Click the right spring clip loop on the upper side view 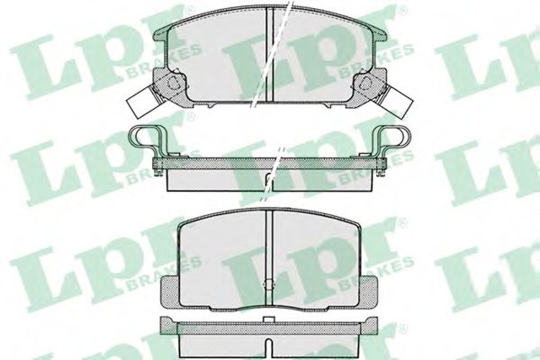[x=395, y=139]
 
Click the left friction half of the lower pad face [x=225, y=256]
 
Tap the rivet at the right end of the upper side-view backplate [x=382, y=164]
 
